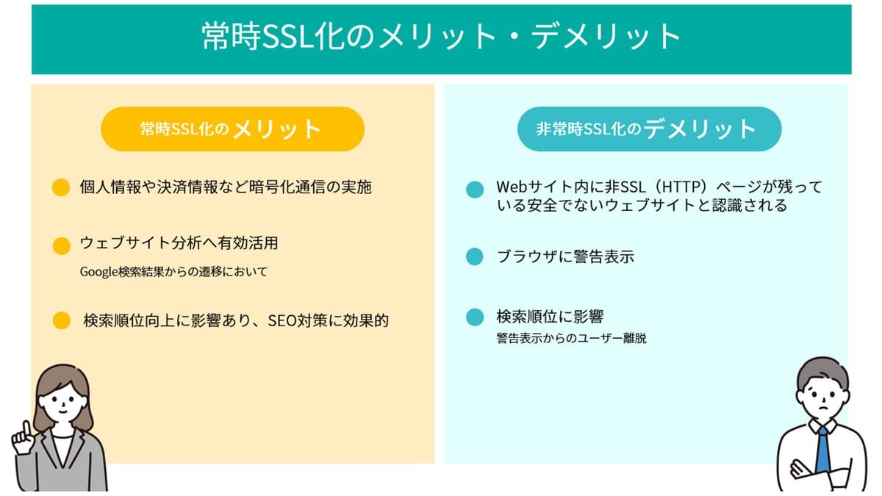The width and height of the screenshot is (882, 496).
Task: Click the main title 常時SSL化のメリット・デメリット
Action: (x=441, y=36)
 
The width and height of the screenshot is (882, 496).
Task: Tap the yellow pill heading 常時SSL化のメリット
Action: (x=232, y=129)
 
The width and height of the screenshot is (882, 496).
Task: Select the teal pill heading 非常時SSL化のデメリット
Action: (x=649, y=129)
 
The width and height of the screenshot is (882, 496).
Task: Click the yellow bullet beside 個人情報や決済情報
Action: (x=61, y=187)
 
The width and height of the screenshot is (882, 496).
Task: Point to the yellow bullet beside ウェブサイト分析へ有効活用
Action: (x=62, y=246)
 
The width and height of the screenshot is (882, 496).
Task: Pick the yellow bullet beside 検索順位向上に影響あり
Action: (x=62, y=320)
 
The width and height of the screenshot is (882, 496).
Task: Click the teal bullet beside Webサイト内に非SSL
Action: (x=475, y=190)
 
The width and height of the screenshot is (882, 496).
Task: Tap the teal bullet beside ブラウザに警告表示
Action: (x=475, y=256)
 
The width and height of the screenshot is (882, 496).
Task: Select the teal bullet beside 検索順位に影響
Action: (x=475, y=317)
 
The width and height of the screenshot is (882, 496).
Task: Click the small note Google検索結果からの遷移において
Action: (x=173, y=272)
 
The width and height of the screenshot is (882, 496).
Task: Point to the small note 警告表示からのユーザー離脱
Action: (x=571, y=338)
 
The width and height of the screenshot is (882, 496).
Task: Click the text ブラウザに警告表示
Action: (x=565, y=256)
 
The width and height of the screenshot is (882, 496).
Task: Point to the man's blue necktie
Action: (x=822, y=450)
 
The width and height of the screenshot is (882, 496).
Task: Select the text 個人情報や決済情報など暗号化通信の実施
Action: (x=226, y=187)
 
